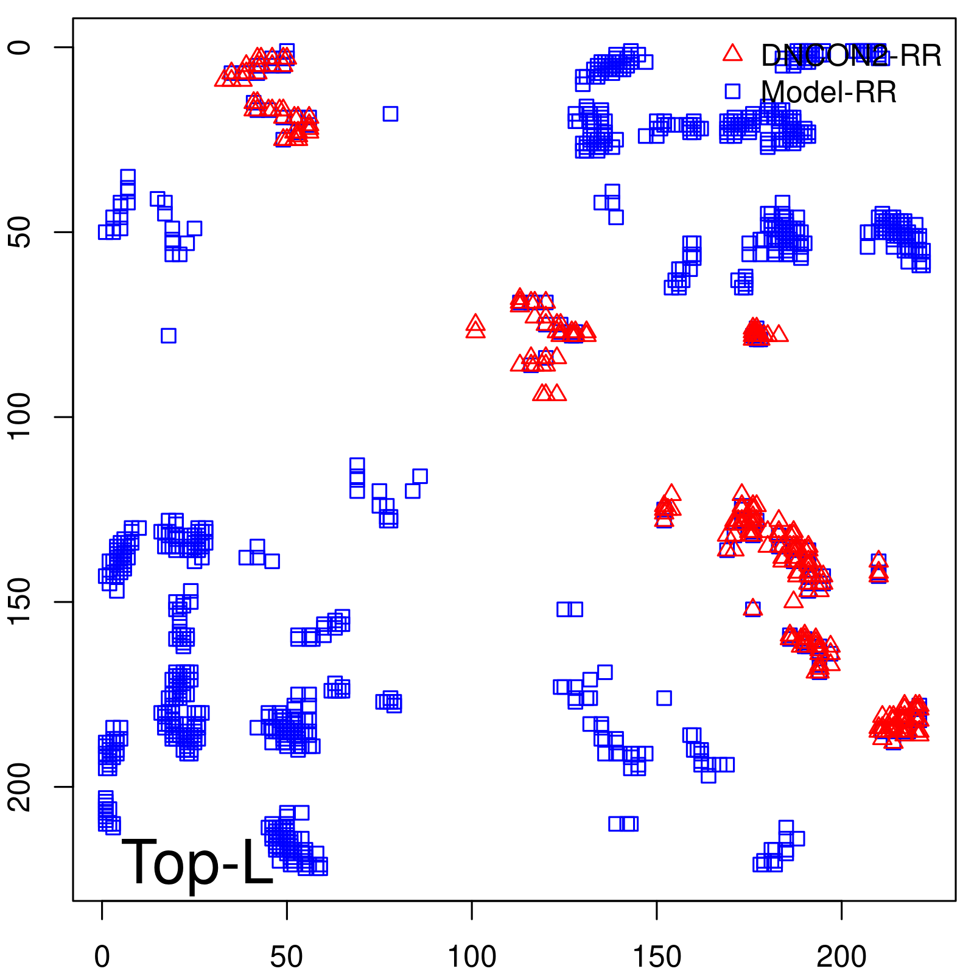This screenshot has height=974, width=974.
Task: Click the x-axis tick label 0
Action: (102, 958)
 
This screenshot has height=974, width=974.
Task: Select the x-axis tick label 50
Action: (286, 958)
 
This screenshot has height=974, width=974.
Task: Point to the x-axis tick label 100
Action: (472, 958)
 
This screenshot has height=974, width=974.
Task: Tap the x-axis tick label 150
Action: (656, 958)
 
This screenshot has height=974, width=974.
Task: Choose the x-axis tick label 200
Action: (841, 958)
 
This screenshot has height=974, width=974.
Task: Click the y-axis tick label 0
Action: (19, 47)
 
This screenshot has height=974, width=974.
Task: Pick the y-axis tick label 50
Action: (19, 232)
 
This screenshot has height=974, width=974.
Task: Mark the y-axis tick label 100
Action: (19, 417)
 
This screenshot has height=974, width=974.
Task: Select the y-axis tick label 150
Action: (19, 601)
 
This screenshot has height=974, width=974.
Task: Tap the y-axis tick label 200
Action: (19, 787)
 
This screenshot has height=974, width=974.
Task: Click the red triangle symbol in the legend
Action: (732, 54)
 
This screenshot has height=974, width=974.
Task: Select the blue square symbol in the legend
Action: (732, 91)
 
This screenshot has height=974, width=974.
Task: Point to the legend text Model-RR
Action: (829, 93)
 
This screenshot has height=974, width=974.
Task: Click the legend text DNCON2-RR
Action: (851, 56)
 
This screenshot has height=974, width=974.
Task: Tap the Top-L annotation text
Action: (197, 862)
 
